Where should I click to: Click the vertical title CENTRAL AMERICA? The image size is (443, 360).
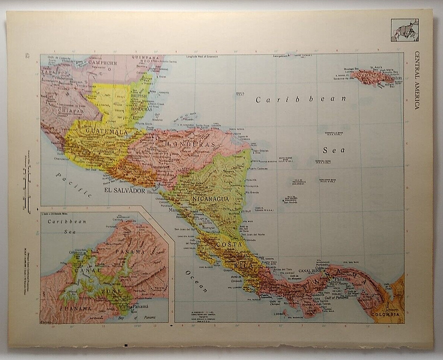[417, 80]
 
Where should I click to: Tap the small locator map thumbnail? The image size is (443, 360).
[404, 30]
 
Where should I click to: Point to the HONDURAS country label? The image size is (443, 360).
[191, 144]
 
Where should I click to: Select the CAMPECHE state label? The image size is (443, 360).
[102, 63]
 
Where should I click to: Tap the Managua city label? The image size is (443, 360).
[175, 211]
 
